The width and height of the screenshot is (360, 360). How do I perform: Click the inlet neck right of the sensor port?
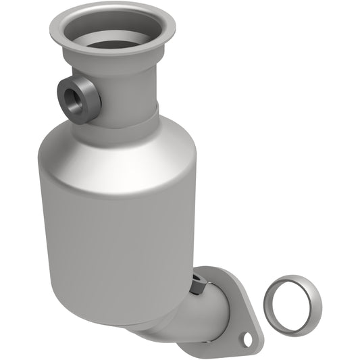click(132, 95)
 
